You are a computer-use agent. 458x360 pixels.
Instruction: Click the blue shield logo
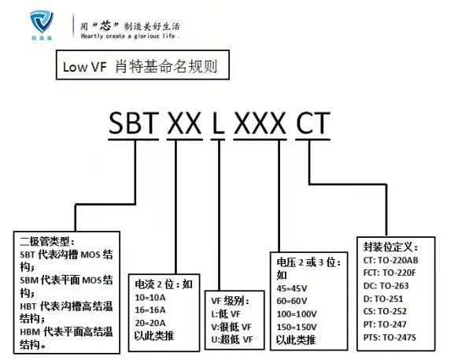42,21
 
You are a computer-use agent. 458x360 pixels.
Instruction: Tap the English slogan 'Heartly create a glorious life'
131,36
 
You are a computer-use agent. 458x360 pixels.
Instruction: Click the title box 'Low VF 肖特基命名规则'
142,65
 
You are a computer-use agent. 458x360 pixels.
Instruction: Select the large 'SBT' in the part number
134,123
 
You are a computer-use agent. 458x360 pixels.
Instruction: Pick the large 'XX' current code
185,123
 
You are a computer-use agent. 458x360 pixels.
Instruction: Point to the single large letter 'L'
218,123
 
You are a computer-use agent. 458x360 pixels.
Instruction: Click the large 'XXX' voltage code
260,123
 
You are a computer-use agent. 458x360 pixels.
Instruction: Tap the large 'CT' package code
313,123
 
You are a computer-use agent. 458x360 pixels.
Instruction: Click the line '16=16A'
150,310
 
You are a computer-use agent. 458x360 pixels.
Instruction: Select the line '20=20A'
150,323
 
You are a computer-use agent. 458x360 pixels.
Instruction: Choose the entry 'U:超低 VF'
232,340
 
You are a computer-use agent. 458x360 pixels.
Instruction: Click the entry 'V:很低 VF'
231,327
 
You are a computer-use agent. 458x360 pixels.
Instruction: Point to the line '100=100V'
297,314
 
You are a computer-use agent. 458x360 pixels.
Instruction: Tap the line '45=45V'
292,288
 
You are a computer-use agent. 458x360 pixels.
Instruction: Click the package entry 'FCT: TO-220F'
390,273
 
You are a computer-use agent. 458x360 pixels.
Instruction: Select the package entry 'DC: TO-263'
386,286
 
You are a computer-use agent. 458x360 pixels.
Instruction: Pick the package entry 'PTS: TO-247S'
390,337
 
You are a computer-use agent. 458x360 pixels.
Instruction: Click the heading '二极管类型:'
47,242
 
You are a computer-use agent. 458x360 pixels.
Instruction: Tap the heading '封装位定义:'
390,247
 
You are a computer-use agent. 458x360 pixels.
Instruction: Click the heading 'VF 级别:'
231,301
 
